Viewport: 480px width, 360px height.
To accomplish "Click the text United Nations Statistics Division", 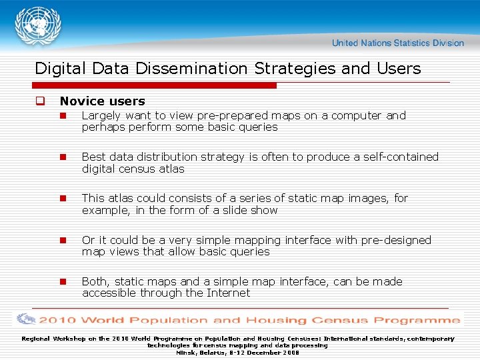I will pos(398,43).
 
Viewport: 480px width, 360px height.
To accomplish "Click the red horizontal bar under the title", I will pos(155,86).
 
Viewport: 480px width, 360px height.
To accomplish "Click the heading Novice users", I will pos(102,101).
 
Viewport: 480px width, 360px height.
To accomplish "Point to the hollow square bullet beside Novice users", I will pos(40,101).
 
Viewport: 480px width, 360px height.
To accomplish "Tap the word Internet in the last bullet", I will pos(228,293).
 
